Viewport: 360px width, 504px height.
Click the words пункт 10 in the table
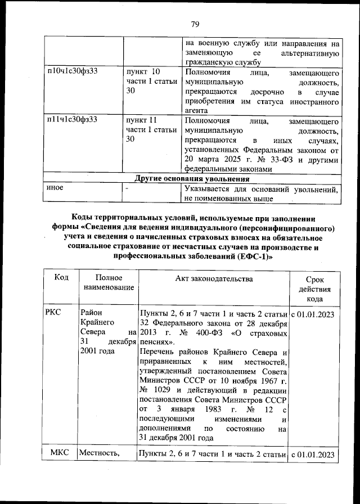143,71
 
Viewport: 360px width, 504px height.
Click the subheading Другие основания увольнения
192,179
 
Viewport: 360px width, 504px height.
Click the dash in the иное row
128,188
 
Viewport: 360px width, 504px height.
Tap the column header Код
61,278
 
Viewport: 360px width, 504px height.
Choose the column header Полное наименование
109,282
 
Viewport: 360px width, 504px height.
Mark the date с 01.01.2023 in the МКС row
313,454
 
